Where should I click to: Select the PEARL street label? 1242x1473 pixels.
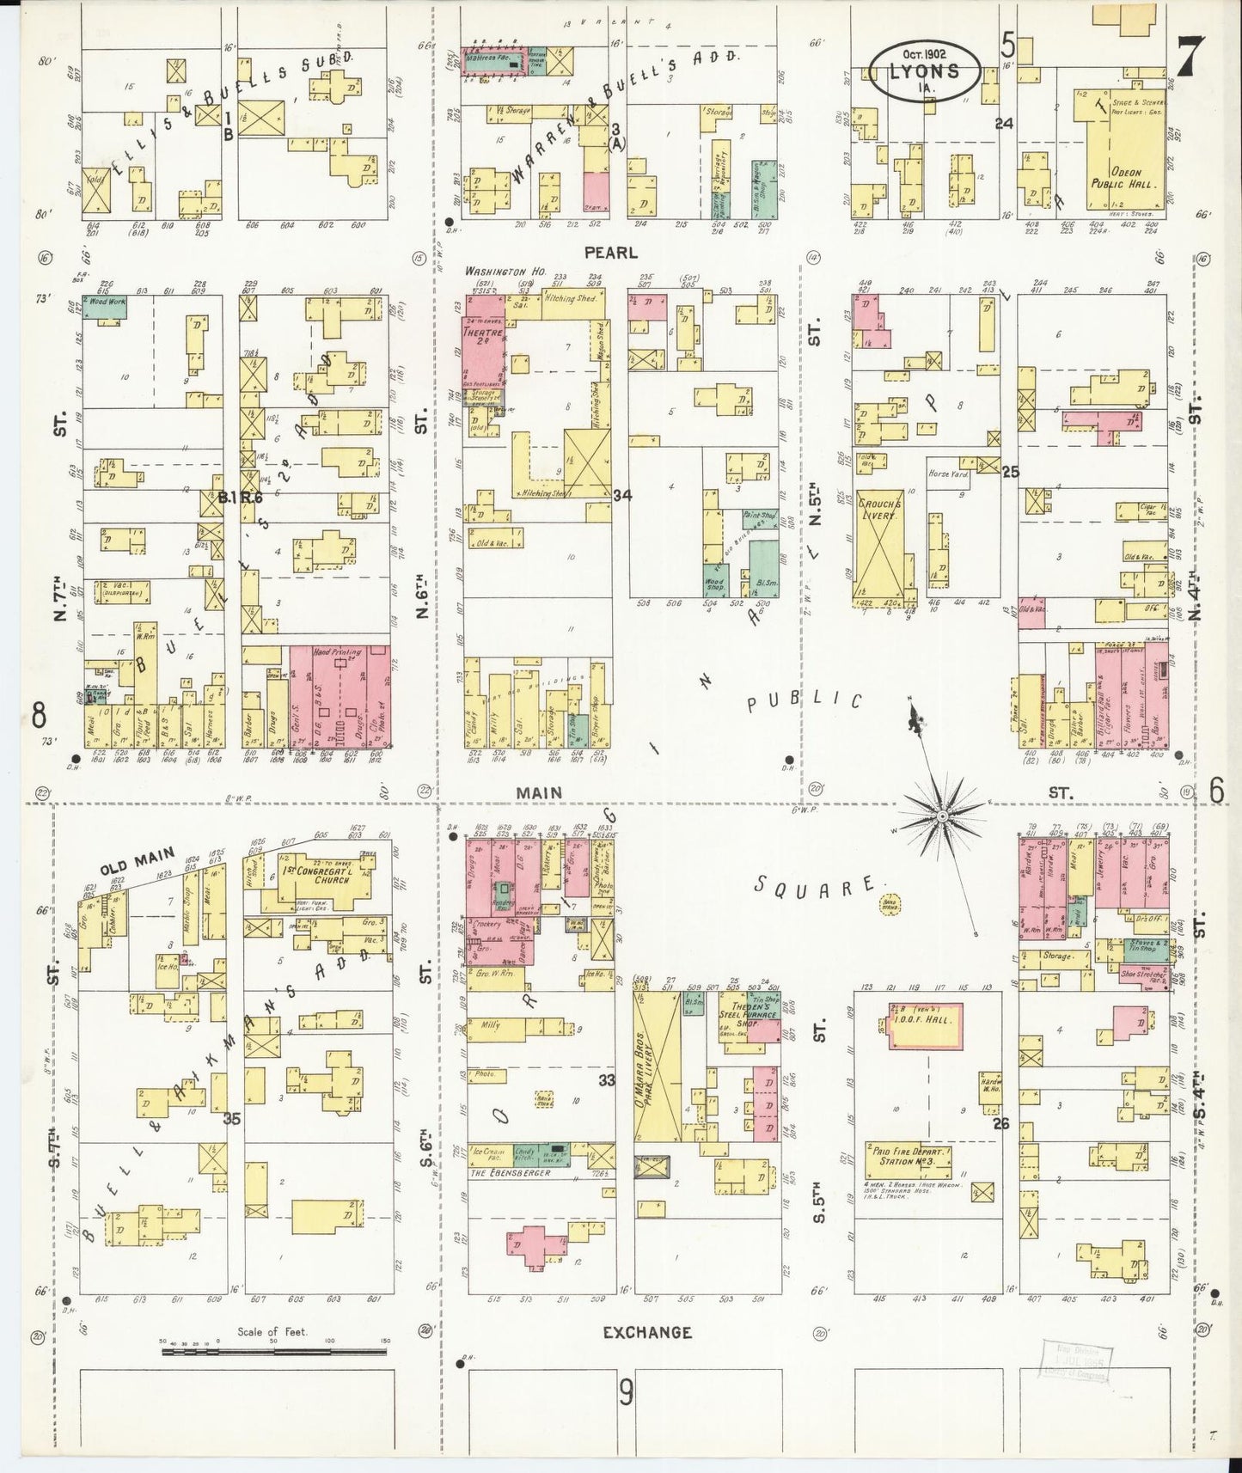[x=611, y=253]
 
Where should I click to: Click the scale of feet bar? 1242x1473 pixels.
[x=272, y=1376]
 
